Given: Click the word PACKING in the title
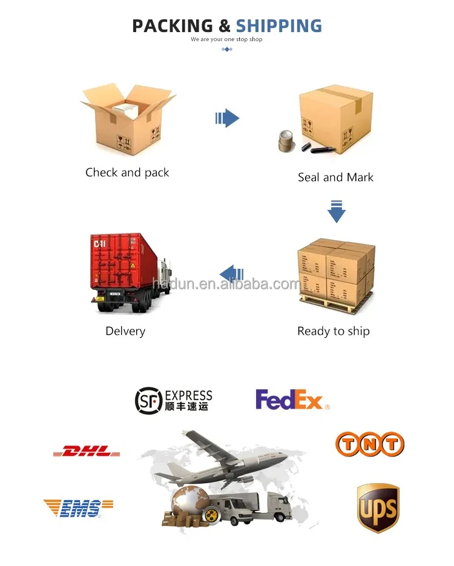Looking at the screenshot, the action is coord(173,26).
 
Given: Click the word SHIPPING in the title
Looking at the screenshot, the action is coord(279,26).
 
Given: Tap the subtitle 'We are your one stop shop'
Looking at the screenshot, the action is coord(227,39).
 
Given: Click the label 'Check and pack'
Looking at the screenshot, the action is coord(127,173).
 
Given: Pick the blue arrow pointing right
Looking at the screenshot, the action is coord(228,117).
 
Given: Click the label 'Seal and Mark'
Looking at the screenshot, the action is coord(335,177).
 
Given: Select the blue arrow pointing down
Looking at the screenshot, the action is coord(337,211).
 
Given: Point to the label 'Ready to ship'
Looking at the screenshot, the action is coord(334,331).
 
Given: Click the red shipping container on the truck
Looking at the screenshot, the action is coord(124,261).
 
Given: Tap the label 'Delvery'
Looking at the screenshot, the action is coord(125,331).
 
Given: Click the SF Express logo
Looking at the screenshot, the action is coord(174,400).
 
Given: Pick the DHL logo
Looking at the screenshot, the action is coord(86,451).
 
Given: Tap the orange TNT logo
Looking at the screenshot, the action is coord(369,444).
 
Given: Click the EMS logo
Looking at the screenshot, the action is coord(78,507).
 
